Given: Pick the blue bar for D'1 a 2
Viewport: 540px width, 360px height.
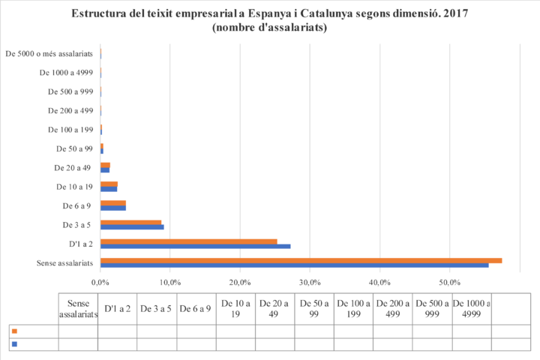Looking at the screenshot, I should pos(196,246).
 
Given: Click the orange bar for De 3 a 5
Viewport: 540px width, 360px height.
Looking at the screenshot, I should pos(131,222).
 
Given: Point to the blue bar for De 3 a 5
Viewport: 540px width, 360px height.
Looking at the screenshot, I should pos(133,227).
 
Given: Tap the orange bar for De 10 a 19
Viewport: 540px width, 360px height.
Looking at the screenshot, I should pos(109,183).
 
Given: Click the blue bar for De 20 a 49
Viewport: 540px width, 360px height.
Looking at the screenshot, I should pos(106,170).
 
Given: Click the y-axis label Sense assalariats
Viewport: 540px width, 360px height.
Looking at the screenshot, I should pos(64,262).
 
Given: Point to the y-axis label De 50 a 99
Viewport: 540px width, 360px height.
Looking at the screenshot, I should pos(76,148).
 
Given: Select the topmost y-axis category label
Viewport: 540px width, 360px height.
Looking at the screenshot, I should pos(49,54).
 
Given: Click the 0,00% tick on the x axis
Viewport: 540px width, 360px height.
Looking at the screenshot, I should pos(100,282).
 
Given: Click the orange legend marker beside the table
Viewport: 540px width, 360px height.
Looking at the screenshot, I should pos(15,331).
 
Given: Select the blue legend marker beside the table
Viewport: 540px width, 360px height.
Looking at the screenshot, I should pos(15,344).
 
